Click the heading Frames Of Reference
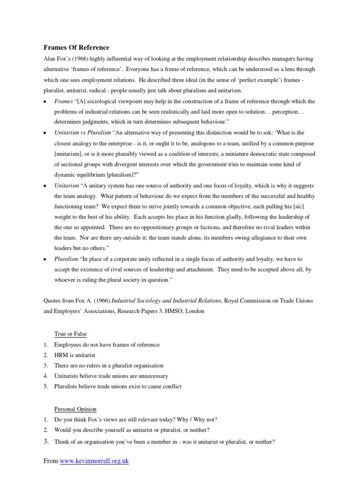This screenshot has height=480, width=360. pos(76,47)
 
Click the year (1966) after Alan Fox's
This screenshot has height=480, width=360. pos(82,59)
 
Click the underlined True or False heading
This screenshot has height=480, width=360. pos(70,334)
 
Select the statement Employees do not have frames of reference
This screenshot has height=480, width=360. pos(107,345)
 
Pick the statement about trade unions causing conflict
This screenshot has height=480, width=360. pos(118,386)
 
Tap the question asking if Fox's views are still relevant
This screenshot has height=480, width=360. pos(136,419)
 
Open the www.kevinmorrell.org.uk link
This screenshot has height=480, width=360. pos(93,461)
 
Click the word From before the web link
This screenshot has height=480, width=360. pos(50,461)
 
